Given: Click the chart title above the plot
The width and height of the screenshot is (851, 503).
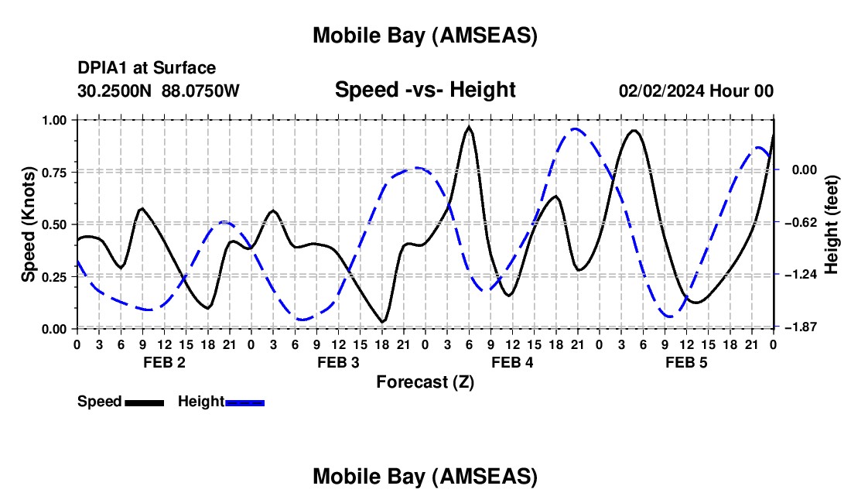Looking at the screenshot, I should (x=425, y=36).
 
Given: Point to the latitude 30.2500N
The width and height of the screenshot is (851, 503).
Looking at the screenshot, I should (x=116, y=91).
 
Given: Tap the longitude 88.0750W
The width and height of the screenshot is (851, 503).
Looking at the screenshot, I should (x=201, y=91).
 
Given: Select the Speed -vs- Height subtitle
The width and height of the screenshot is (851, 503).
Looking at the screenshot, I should (x=425, y=90).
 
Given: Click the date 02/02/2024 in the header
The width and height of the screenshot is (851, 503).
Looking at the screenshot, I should (x=662, y=91).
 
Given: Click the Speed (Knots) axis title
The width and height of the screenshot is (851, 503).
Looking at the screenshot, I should (x=28, y=224).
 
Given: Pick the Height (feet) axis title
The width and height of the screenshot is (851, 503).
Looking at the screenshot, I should (x=832, y=224).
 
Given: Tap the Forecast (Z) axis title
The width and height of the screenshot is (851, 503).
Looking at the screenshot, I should (x=425, y=382).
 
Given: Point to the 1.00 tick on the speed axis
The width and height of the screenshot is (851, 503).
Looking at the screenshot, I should (x=56, y=120).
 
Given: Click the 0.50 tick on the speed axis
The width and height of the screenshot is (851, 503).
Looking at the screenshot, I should (x=56, y=224).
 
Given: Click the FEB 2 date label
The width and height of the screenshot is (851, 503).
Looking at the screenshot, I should (x=163, y=362).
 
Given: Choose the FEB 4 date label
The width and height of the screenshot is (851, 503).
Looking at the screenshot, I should (x=512, y=362).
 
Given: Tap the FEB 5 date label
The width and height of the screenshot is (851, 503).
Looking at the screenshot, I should (x=686, y=362).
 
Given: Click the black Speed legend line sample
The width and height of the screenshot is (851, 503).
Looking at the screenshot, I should (x=144, y=402).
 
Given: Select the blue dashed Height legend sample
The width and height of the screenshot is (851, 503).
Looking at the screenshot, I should (x=245, y=402).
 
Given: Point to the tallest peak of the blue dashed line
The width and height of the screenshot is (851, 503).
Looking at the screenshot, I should (x=575, y=129).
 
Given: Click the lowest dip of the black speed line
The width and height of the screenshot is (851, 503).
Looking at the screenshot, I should (x=382, y=321).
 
